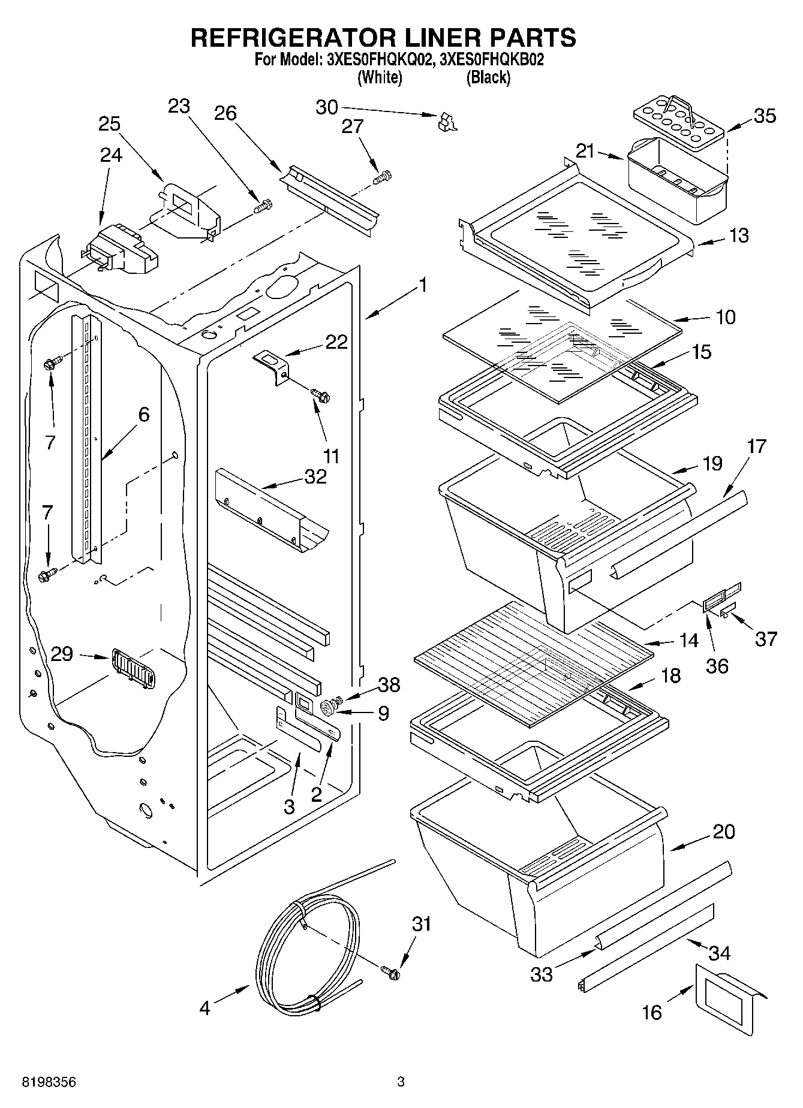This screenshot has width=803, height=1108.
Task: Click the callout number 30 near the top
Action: [x=327, y=107]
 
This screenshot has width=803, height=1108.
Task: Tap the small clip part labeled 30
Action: [x=446, y=121]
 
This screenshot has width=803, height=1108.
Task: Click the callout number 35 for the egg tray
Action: [x=764, y=116]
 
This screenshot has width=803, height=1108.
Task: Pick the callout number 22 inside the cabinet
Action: [x=336, y=342]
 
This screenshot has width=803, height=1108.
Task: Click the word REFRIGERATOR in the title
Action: [x=292, y=37]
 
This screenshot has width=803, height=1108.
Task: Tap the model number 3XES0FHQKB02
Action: [x=491, y=60]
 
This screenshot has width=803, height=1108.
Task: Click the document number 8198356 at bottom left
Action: [x=49, y=1082]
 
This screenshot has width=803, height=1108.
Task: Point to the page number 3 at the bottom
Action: [x=401, y=1082]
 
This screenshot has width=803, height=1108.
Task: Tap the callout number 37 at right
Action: [x=766, y=639]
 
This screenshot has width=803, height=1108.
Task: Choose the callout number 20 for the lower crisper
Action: [x=724, y=832]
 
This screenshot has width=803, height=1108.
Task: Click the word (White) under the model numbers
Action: [x=379, y=77]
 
